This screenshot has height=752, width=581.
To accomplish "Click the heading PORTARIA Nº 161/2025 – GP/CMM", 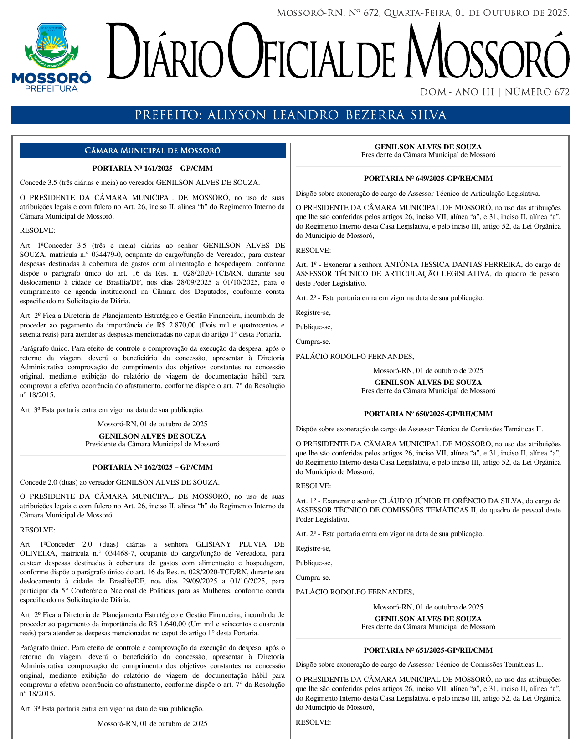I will coord(152,169).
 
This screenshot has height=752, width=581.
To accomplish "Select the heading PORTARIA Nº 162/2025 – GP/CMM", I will coord(152,467).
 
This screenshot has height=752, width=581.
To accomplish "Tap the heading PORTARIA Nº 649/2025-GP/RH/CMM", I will coord(428,179).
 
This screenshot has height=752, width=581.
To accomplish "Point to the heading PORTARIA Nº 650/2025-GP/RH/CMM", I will coord(428,414).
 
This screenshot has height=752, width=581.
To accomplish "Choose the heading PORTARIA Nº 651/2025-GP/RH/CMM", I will coord(428,650).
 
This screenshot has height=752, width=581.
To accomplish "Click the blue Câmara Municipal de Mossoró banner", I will coord(152,151).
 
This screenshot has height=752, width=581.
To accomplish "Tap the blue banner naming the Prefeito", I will coord(290,115).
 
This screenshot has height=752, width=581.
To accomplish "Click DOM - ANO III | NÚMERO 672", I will coord(494,92).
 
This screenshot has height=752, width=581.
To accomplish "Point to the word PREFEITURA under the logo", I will coord(51,89).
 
